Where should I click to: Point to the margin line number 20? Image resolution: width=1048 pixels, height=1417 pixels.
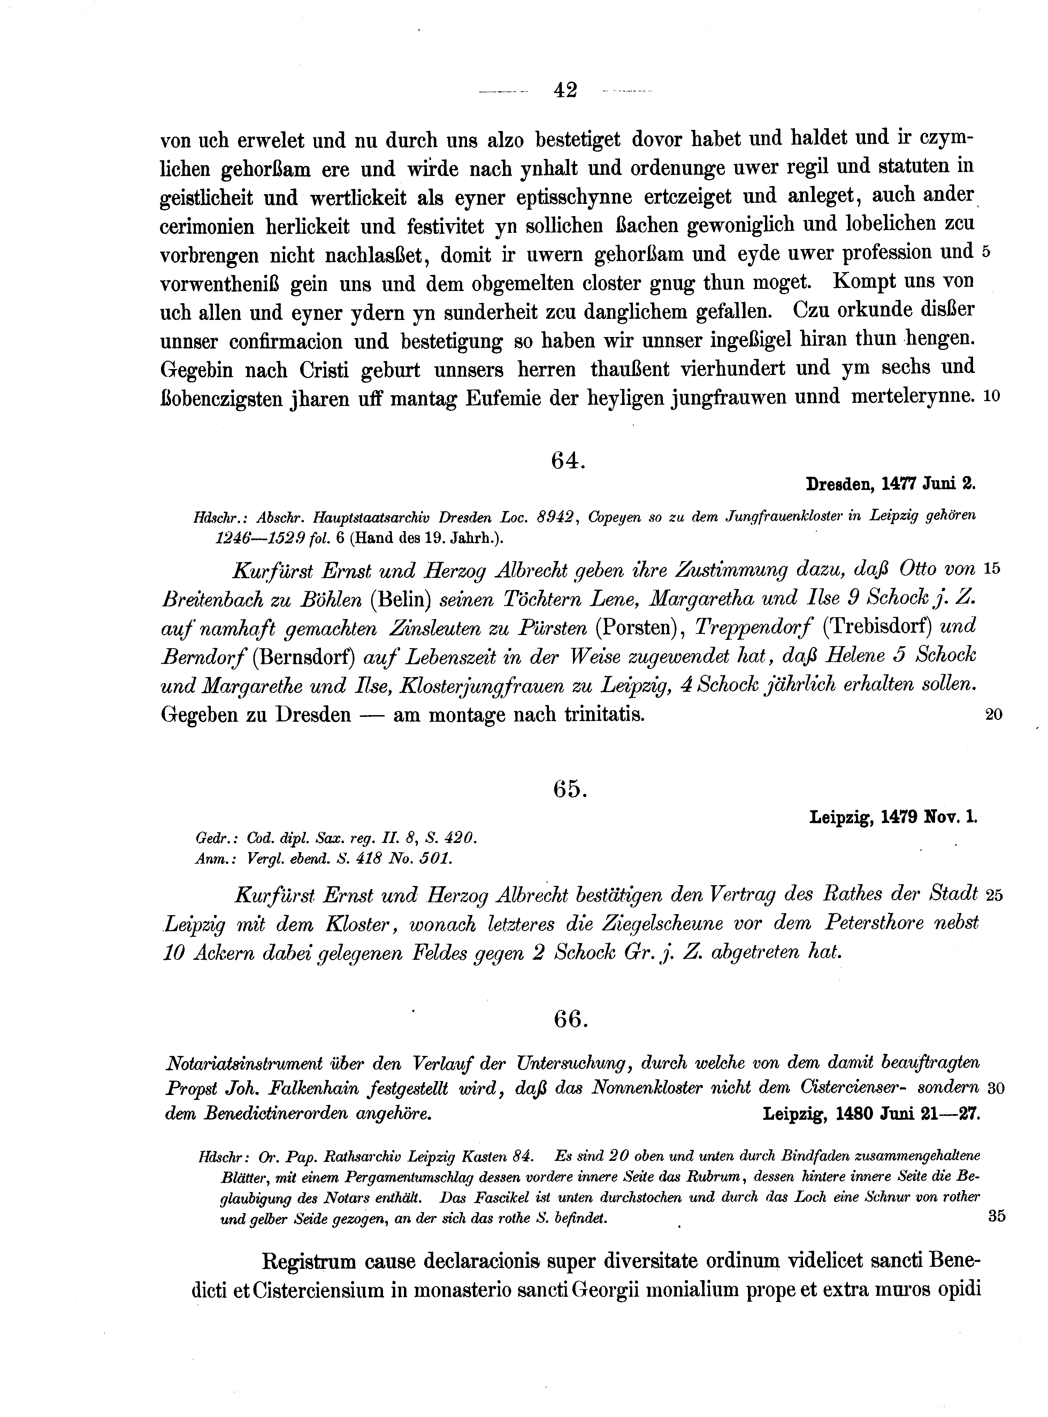993,715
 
